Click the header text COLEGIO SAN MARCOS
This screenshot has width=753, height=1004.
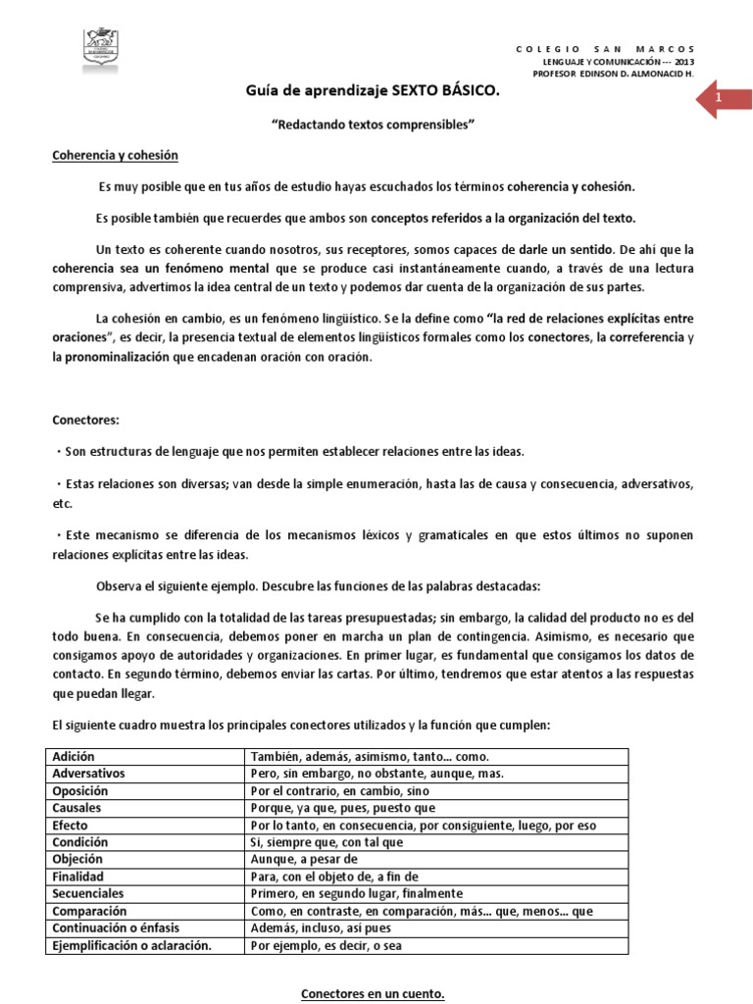point(605,48)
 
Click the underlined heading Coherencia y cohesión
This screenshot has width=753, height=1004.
point(115,156)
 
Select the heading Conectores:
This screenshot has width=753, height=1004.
point(84,420)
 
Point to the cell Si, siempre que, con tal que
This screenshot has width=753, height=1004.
point(326,841)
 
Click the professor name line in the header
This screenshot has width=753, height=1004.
point(613,73)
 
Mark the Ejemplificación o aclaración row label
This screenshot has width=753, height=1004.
point(132,945)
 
